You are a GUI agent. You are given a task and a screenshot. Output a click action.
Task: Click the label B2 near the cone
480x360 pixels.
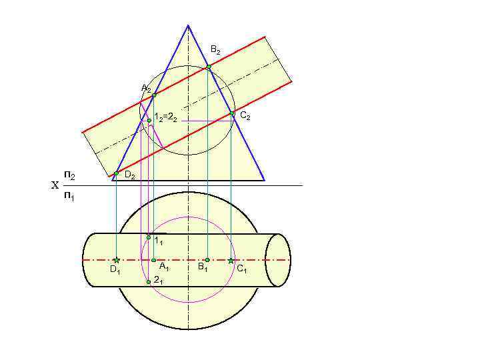click(x=215, y=50)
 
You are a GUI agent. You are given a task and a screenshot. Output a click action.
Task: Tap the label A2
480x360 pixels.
click(x=146, y=89)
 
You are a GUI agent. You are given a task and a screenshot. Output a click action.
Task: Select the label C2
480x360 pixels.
click(x=245, y=117)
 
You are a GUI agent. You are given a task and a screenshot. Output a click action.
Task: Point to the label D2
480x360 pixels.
click(x=130, y=176)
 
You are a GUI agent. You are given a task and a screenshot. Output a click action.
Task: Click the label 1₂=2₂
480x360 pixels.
click(x=165, y=118)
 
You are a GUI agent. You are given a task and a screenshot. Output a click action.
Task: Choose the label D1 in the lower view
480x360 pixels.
click(x=115, y=271)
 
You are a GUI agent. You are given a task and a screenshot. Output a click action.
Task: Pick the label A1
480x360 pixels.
click(x=163, y=268)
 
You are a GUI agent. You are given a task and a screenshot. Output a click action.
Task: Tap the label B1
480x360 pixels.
click(x=203, y=268)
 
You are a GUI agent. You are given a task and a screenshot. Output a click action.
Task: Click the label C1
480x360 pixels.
click(x=241, y=269)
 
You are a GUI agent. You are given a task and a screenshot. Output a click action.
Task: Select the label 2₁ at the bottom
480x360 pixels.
click(x=158, y=281)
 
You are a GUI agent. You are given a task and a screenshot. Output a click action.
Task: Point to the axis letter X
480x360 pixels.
click(x=55, y=186)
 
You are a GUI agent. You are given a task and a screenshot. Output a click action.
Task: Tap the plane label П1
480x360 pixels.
click(x=69, y=197)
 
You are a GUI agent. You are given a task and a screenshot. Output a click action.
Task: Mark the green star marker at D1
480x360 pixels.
click(x=116, y=260)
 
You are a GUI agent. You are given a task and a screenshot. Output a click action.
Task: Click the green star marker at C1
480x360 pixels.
click(x=231, y=260)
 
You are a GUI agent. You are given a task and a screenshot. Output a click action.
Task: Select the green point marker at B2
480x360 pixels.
click(x=208, y=67)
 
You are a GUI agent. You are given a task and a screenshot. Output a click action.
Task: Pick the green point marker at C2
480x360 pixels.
click(x=232, y=114)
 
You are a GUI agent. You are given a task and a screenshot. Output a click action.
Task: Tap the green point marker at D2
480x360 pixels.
click(x=116, y=173)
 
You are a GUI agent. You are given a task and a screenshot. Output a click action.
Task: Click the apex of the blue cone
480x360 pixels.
click(x=188, y=25)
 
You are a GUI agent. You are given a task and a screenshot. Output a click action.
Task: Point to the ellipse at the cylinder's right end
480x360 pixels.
click(x=278, y=260)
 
